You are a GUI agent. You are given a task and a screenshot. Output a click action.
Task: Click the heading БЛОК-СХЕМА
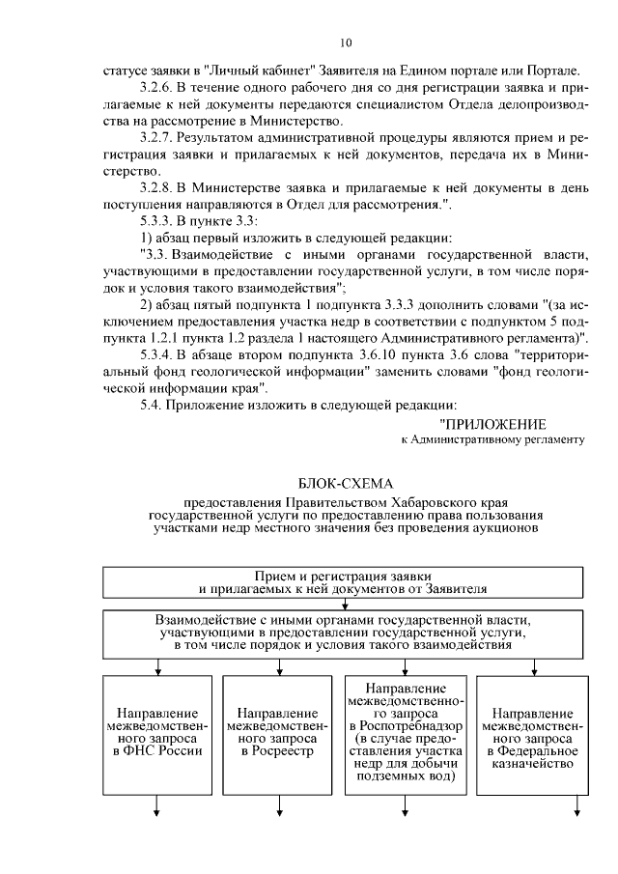click(x=346, y=482)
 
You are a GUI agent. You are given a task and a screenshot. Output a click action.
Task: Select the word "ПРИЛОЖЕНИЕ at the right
click(x=492, y=424)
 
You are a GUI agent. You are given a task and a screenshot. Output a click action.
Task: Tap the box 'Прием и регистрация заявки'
click(x=343, y=581)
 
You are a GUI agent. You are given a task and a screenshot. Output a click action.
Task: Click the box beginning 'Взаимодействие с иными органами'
click(x=343, y=634)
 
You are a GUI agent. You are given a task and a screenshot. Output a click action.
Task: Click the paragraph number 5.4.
click(x=151, y=408)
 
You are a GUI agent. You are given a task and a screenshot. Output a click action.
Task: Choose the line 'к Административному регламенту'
click(x=493, y=439)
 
